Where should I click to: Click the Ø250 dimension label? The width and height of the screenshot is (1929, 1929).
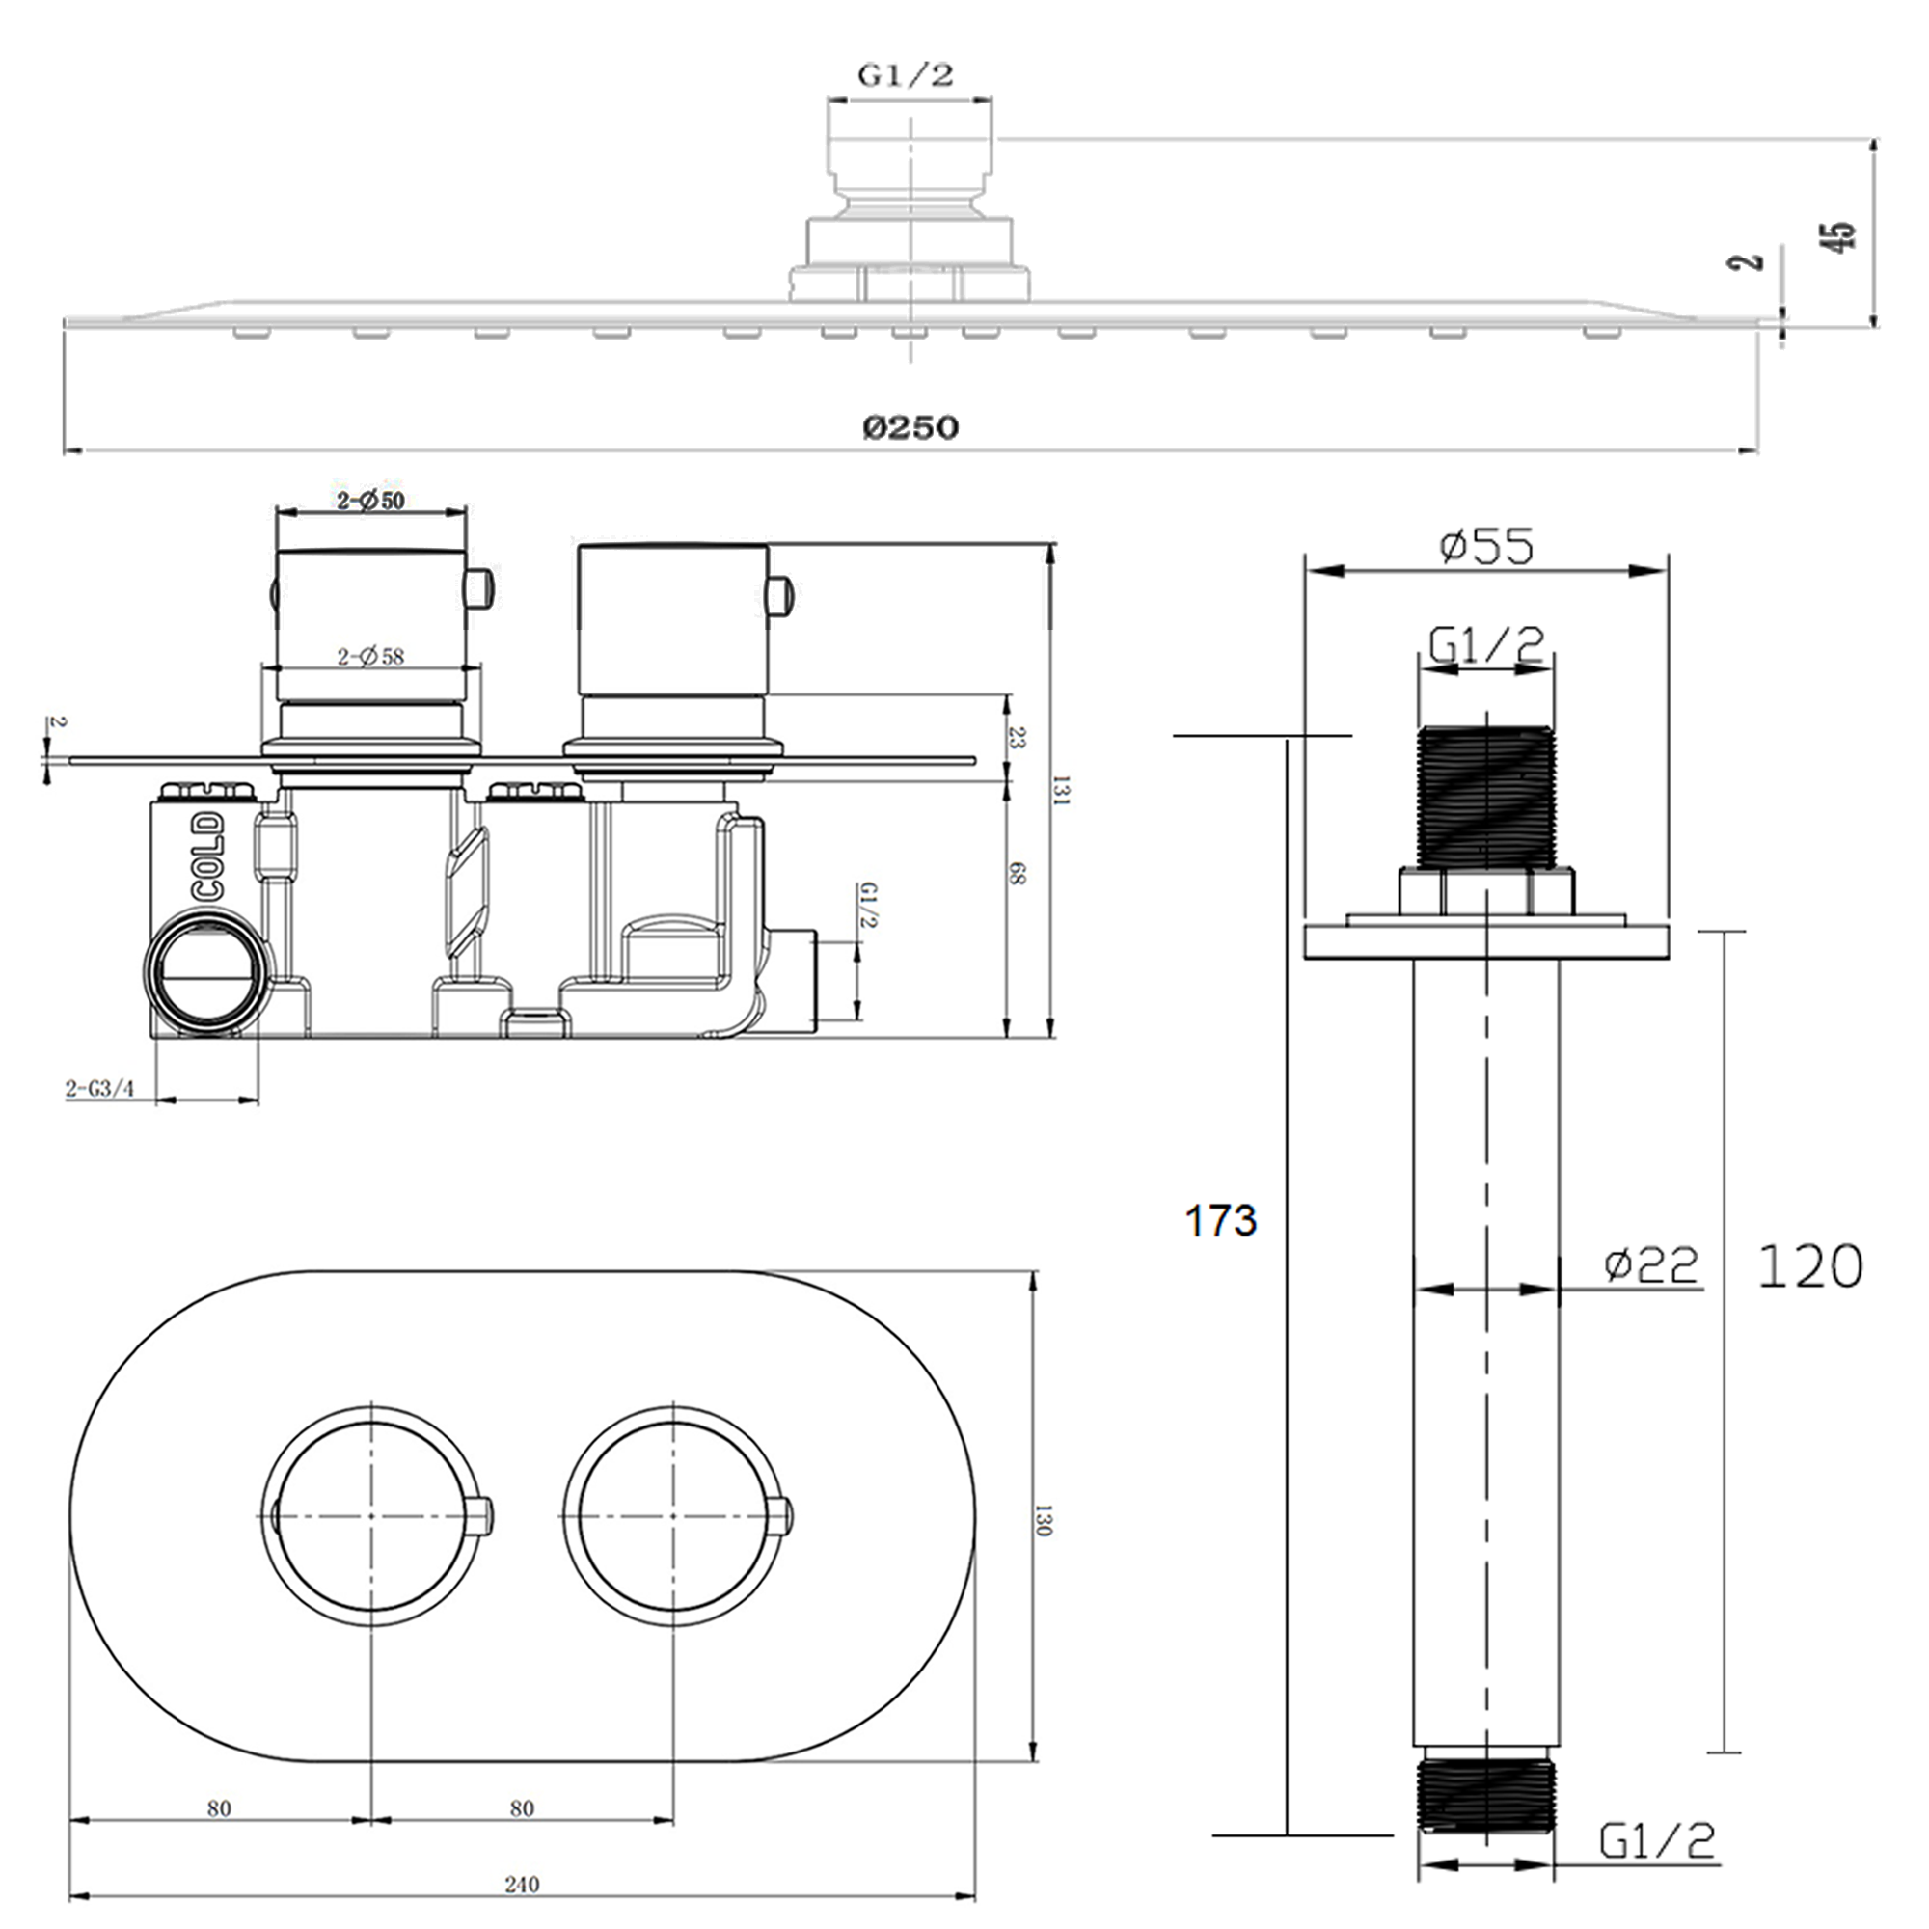(910, 427)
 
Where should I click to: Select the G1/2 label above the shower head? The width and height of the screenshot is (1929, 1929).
(906, 75)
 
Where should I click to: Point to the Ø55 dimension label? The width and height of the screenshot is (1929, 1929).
(1485, 546)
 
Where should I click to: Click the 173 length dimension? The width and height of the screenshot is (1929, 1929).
(1220, 1220)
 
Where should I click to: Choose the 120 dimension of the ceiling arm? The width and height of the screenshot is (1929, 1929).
(1809, 1266)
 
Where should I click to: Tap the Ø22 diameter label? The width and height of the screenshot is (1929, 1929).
(1650, 1265)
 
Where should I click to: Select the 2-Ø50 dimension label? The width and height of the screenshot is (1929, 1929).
(370, 501)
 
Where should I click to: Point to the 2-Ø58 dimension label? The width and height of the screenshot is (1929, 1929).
(370, 656)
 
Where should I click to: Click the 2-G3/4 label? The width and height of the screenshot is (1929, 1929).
(100, 1088)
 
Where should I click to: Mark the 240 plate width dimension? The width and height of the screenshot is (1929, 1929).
(521, 1884)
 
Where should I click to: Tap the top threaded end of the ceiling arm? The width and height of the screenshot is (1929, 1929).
(1485, 797)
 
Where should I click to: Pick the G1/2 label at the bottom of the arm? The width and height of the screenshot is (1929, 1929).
(1657, 1840)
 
